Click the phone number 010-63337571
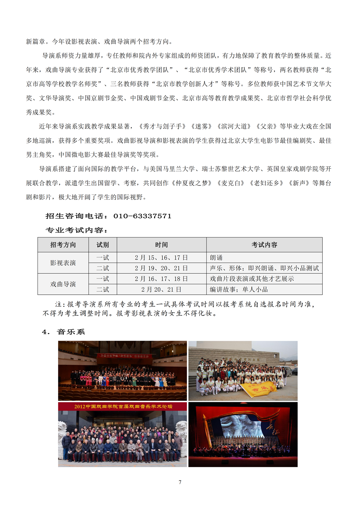pyautogui.click(x=142, y=216)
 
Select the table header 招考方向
pyautogui.click(x=63, y=245)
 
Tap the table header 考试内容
pyautogui.click(x=264, y=245)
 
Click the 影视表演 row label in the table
pyautogui.click(x=63, y=263)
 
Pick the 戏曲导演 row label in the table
pyautogui.click(x=63, y=284)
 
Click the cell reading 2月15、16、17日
pyautogui.click(x=161, y=258)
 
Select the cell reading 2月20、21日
pyautogui.click(x=161, y=290)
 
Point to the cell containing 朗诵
pyautogui.click(x=216, y=258)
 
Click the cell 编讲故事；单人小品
pyautogui.click(x=239, y=290)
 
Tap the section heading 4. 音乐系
pyautogui.click(x=64, y=332)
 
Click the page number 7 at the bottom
pyautogui.click(x=180, y=482)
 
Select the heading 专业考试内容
pyautogui.click(x=77, y=230)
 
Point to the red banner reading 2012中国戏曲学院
pyautogui.click(x=123, y=407)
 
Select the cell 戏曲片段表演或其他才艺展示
pyautogui.click(x=252, y=279)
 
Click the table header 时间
pyautogui.click(x=161, y=245)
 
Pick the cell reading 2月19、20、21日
pyautogui.click(x=161, y=268)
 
